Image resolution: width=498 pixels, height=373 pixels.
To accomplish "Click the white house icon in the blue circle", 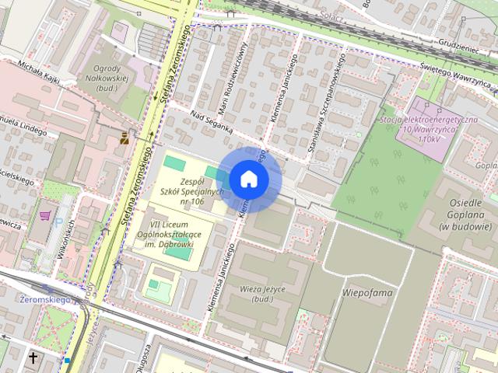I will [x=248, y=179].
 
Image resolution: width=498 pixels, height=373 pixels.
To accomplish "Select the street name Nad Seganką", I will [x=210, y=123].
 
